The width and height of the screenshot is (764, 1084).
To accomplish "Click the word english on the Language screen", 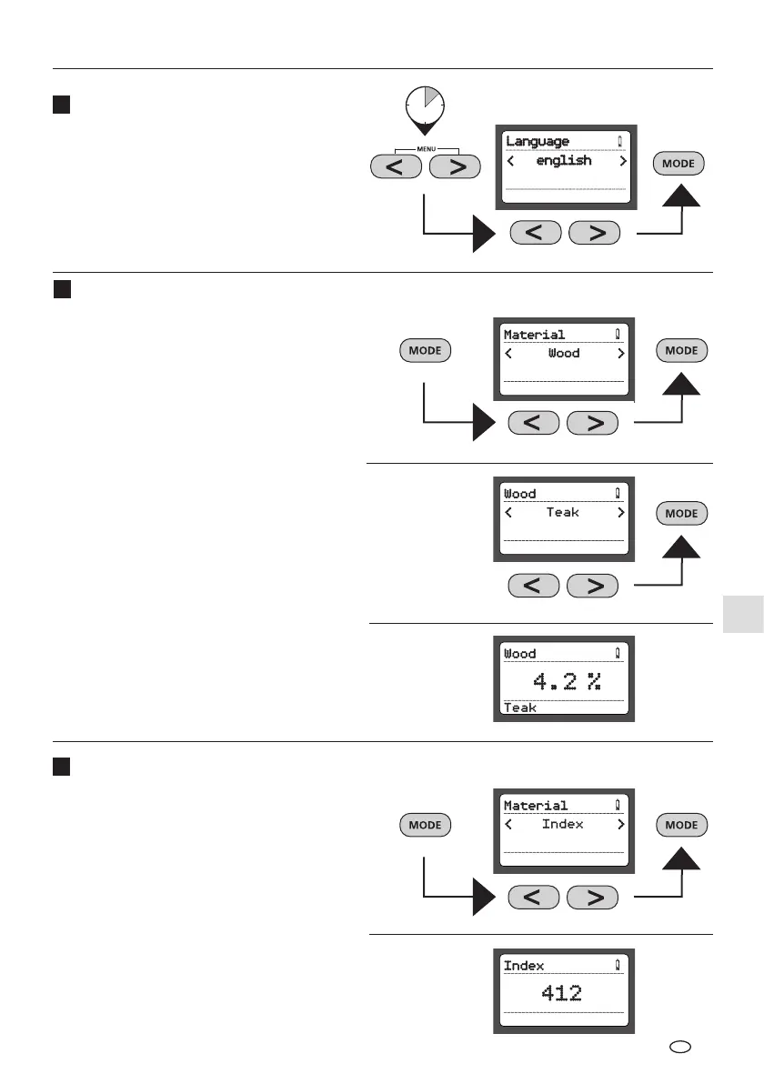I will [x=564, y=161].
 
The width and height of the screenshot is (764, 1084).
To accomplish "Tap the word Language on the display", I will [x=538, y=142].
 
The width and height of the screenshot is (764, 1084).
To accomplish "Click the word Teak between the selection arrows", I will [x=563, y=513].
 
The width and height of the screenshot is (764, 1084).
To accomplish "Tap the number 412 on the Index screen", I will [x=561, y=993].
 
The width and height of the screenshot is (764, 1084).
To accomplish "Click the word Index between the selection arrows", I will [x=563, y=825].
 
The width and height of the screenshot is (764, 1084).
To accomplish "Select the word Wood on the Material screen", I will [x=564, y=354].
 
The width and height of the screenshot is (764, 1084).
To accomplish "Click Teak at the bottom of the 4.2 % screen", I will [x=520, y=708].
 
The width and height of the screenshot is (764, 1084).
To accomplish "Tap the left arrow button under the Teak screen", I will [x=534, y=586].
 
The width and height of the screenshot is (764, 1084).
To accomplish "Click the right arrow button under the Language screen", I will [x=595, y=233].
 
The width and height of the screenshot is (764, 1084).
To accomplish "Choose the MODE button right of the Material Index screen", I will [x=681, y=825].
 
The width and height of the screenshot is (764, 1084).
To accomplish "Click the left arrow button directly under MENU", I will [x=397, y=167].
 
